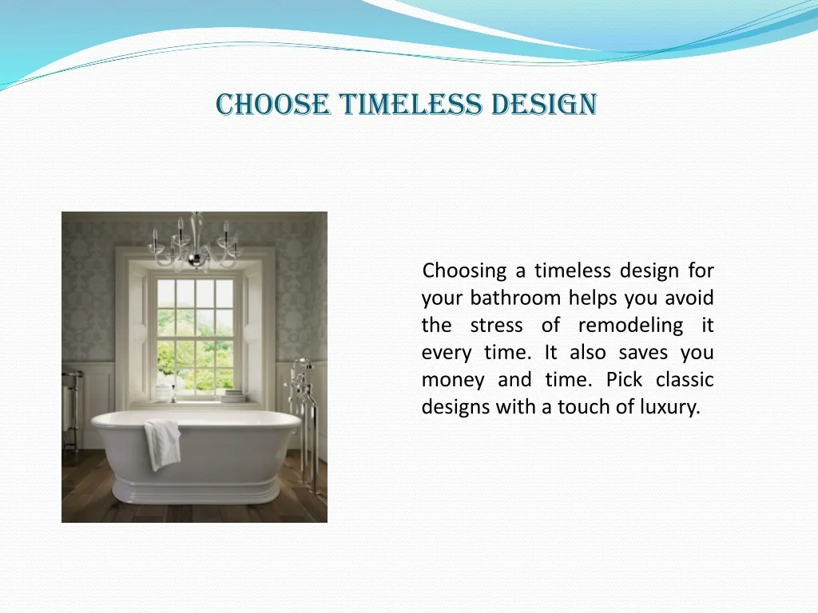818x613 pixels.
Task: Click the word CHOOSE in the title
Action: click(273, 105)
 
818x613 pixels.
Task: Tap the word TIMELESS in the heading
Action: click(411, 105)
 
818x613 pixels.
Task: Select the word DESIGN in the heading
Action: click(544, 105)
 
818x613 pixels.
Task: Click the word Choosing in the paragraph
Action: click(464, 271)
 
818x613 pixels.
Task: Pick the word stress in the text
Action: click(496, 326)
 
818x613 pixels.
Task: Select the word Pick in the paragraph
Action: click(624, 379)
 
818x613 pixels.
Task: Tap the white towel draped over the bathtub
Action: click(163, 444)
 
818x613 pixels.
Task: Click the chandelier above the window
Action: click(195, 243)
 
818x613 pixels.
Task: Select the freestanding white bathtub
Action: click(196, 456)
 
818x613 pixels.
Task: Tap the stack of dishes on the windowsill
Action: click(232, 396)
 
